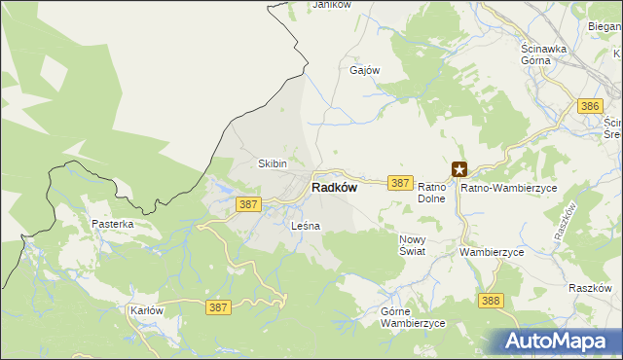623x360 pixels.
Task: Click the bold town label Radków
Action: coord(333,189)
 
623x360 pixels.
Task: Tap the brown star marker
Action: coord(459,169)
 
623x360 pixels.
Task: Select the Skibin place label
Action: coord(272,163)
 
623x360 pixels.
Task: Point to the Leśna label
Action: coord(306,226)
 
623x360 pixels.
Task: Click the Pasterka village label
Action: coord(113,224)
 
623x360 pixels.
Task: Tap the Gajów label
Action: coord(364,71)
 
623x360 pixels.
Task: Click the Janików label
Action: coord(331,5)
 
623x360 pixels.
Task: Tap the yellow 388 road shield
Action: coord(491,301)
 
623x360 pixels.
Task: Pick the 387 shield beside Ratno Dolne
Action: coord(400,182)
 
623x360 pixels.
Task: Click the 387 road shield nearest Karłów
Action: coord(219,306)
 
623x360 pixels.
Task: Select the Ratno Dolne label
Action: coord(431,192)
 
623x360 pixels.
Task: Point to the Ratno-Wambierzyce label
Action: coord(508,187)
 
